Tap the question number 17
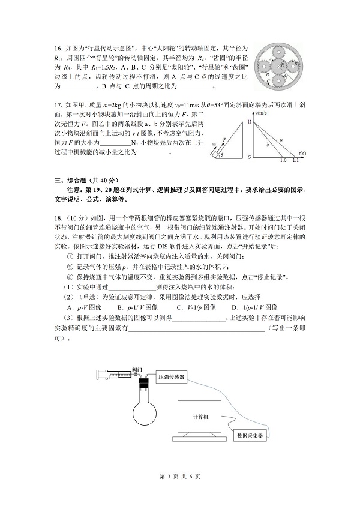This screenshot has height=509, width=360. click(x=58, y=104)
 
